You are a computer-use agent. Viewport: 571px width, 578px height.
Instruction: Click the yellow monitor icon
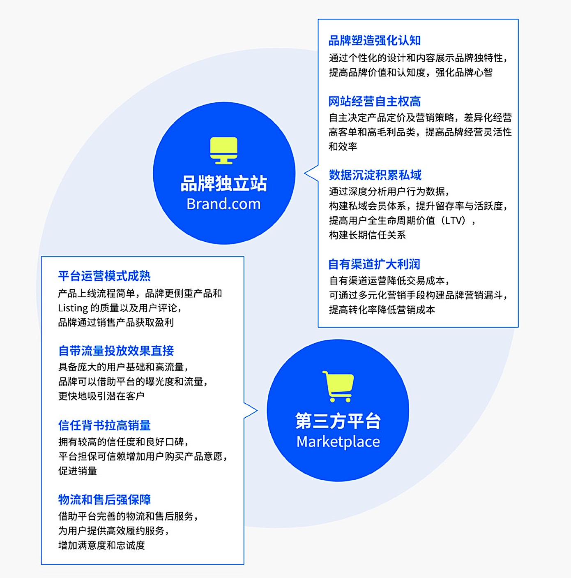tap(223, 150)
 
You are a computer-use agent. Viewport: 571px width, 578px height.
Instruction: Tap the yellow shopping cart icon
tap(338, 386)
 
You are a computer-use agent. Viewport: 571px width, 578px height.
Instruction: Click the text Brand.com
tap(223, 204)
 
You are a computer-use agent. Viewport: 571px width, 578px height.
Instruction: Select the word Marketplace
tap(338, 442)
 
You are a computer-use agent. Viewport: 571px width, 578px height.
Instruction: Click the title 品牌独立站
tap(224, 183)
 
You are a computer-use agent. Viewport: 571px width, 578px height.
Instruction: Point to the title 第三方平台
tap(338, 421)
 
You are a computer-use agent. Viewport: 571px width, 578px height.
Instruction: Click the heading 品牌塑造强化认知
tap(375, 40)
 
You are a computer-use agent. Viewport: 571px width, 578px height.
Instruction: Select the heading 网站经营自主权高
tap(375, 101)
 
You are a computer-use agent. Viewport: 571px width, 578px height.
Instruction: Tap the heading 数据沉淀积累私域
tap(375, 175)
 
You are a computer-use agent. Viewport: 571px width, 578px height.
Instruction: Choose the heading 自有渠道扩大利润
tap(374, 264)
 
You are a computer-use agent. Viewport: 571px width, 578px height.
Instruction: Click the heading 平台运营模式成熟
tap(104, 276)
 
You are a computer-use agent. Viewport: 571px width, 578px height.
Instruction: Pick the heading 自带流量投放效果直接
tap(116, 351)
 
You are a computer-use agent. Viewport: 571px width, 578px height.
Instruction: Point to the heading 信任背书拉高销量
tap(104, 425)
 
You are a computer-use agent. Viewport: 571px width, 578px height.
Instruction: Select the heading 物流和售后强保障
tap(104, 499)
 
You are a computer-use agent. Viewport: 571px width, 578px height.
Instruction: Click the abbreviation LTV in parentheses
tap(455, 220)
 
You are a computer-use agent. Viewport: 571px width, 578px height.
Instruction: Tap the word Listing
tap(73, 308)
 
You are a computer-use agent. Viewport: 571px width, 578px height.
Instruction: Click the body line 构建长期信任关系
tap(367, 235)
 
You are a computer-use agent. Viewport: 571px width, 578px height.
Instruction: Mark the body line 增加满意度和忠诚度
tap(101, 545)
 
